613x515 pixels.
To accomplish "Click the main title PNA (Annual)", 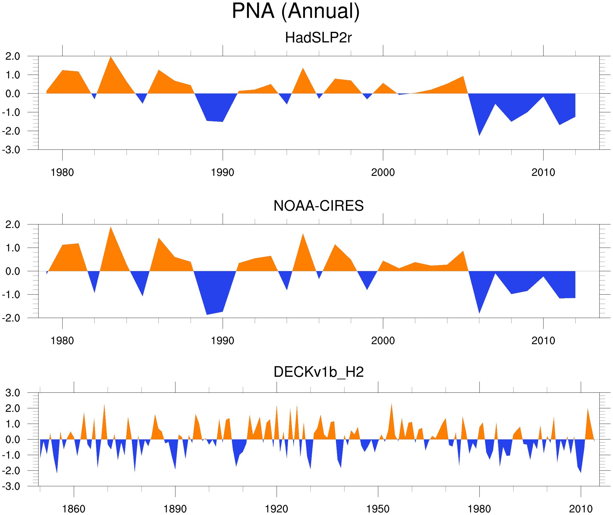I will (x=296, y=11).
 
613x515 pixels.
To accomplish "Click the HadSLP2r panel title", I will (x=318, y=38).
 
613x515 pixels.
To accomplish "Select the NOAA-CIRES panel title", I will (x=318, y=206).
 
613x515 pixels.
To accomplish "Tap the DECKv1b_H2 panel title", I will (x=318, y=372).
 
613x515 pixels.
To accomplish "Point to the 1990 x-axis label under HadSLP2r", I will (x=223, y=172).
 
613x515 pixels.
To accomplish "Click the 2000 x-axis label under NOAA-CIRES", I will (x=383, y=341).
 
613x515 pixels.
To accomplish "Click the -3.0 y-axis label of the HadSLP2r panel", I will (x=11, y=150).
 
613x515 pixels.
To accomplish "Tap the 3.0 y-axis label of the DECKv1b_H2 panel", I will (x=13, y=393).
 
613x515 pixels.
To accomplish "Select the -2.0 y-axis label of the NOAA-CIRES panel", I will (x=11, y=318).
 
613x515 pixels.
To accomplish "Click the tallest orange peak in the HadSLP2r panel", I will (x=111, y=58).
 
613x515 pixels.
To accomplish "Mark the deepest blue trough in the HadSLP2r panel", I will (x=479, y=135).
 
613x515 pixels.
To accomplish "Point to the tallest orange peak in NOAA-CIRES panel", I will (x=111, y=228).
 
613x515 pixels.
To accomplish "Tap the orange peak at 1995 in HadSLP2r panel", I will (x=303, y=69).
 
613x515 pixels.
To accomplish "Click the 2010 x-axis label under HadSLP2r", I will (x=543, y=172).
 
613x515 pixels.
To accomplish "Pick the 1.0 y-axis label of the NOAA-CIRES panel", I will (x=13, y=248).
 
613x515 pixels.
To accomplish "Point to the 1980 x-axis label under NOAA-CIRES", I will (x=62, y=341).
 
